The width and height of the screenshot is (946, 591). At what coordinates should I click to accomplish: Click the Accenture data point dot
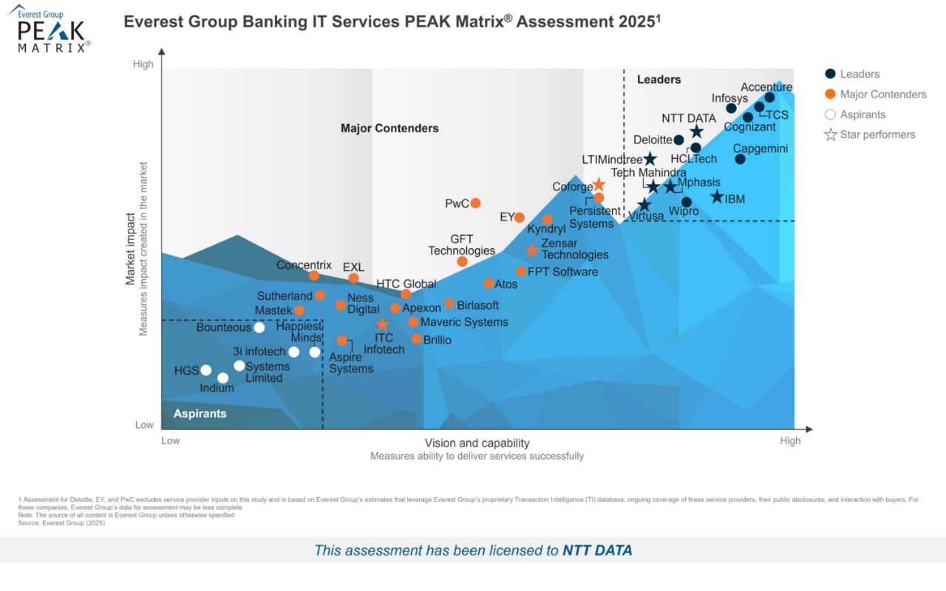coord(769,98)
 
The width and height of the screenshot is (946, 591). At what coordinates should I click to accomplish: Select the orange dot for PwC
coord(476,203)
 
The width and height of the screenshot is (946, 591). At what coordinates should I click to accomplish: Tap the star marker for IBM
coord(717,197)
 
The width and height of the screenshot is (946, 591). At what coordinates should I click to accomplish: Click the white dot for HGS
coord(206,370)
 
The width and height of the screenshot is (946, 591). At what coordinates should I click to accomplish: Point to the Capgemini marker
coord(740,159)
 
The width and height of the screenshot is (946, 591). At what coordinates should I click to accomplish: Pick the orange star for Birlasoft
coord(449,304)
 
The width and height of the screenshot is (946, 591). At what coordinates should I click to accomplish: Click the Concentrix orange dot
coord(313,276)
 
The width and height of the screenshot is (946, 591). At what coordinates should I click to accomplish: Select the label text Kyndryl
coord(546,230)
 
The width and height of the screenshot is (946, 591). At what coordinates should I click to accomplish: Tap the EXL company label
coord(353,267)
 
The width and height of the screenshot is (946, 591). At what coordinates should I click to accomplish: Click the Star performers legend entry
coord(877,134)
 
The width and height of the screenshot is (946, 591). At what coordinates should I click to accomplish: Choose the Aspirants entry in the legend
coord(862,115)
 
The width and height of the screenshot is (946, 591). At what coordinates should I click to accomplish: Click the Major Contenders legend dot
coord(831,94)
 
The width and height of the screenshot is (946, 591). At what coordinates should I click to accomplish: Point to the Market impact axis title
coord(130,249)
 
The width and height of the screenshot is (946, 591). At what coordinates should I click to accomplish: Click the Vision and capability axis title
coord(477,443)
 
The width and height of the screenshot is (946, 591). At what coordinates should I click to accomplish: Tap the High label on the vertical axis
coord(143,64)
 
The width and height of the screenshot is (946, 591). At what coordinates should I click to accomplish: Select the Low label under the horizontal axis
coord(171,441)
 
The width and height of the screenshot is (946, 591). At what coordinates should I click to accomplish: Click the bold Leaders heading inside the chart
coord(659,80)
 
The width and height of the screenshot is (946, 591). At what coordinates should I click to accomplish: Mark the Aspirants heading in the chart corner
coord(200,414)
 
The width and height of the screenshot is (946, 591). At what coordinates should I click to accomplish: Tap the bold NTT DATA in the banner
coord(597,550)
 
